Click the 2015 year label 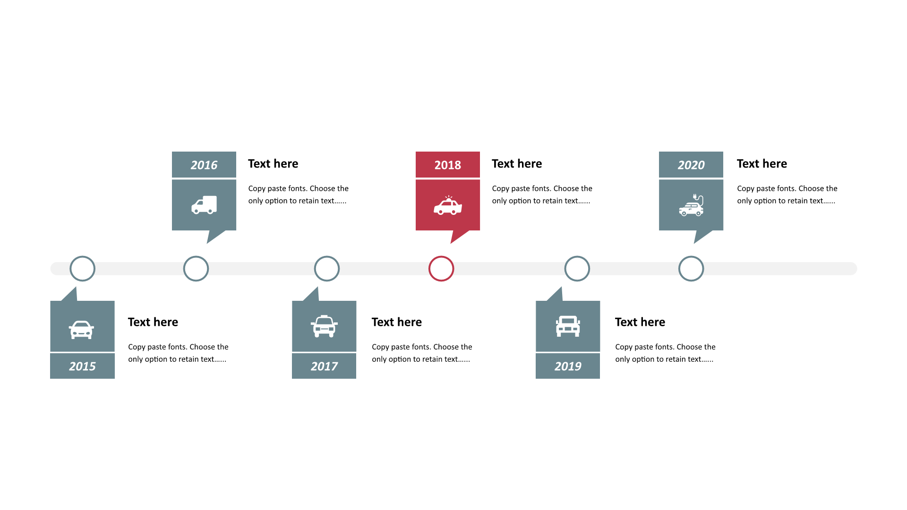tap(82, 366)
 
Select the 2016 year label tap(204, 165)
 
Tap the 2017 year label tap(324, 366)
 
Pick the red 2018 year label tap(448, 165)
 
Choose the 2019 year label tap(568, 366)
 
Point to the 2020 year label tap(691, 165)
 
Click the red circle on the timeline tap(441, 257)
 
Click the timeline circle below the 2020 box tap(691, 257)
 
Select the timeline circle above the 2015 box tap(83, 257)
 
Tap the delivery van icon tap(204, 205)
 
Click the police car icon tap(448, 205)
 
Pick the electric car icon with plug tap(692, 205)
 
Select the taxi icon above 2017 tap(324, 326)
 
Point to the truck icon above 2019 tap(568, 326)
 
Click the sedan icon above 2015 tap(81, 330)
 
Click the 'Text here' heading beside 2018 tap(517, 163)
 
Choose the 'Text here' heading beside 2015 tap(153, 322)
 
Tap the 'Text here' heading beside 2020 tap(762, 163)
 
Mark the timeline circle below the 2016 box tap(196, 257)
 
